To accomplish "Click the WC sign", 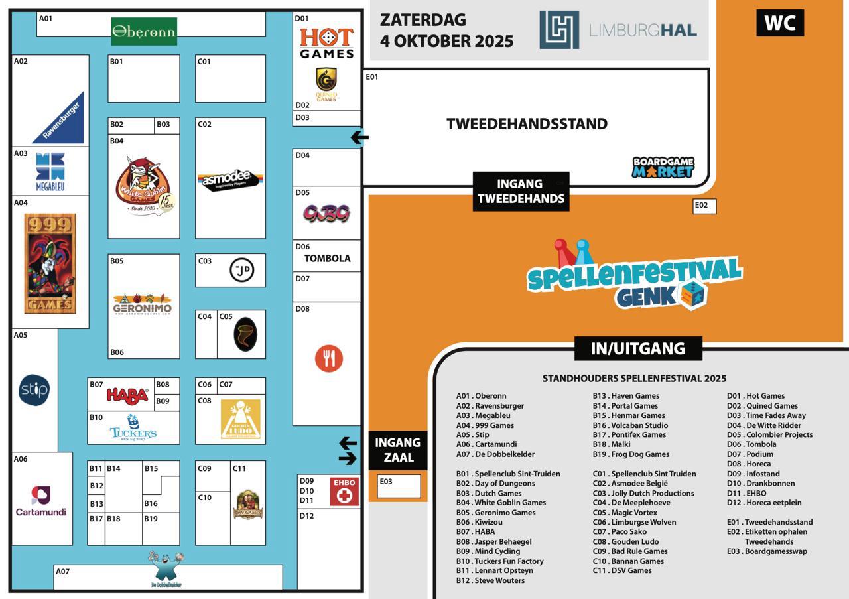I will point(779,23).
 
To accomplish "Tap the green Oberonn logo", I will point(144,31).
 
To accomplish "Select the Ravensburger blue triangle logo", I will point(61,119).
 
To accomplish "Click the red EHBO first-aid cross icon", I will point(344,492).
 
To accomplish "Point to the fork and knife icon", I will point(328,358).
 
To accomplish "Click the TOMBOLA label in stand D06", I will point(327,258).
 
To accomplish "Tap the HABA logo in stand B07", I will point(127,396).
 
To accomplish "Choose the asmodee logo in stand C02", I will point(229,179).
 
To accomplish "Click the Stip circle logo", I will point(34,389).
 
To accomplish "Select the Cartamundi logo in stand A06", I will point(41,501).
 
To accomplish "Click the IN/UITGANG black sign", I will point(637,348).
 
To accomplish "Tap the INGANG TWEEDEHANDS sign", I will point(521,191).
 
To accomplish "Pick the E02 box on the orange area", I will point(704,206).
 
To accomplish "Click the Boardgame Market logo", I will point(663,167).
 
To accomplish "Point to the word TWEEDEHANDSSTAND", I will point(527,124).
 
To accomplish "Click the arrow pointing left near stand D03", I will point(359,138).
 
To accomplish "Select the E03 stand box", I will point(399,486).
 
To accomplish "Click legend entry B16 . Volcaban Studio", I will point(630,425).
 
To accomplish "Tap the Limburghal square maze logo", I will point(559,29).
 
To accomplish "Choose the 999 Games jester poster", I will point(50,263).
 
